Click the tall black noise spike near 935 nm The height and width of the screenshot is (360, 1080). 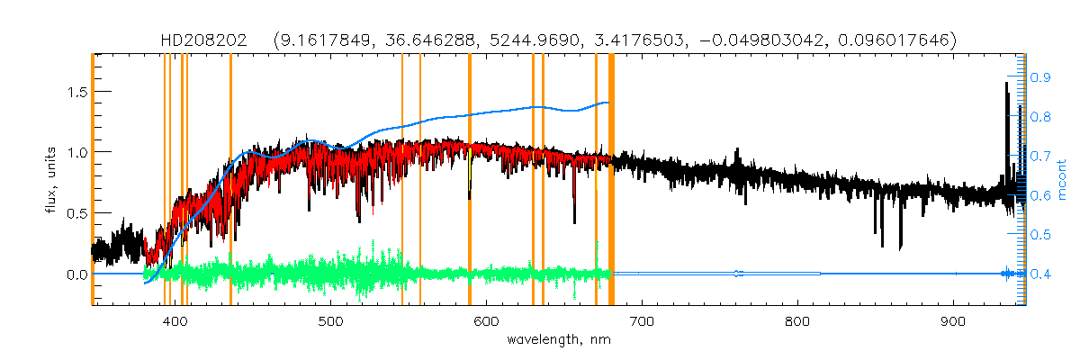coord(1006,85)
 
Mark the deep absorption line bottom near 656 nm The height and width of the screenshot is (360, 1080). coord(574,220)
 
